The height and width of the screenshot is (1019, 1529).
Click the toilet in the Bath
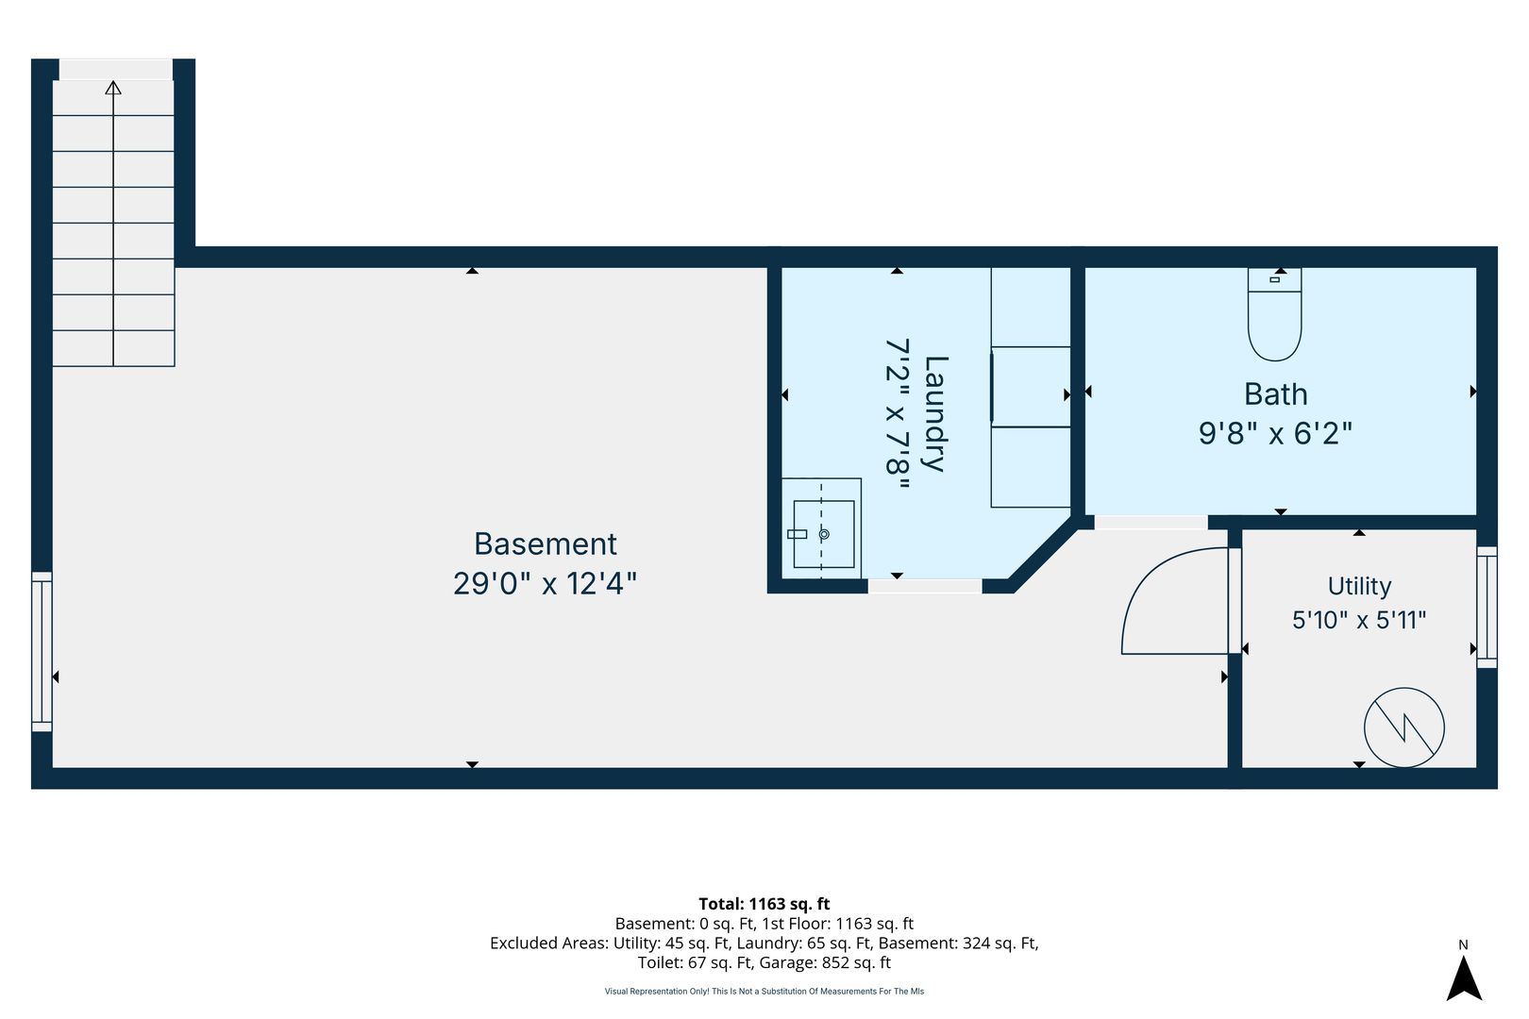[x=1274, y=314]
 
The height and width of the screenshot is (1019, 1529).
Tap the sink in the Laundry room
[x=823, y=534]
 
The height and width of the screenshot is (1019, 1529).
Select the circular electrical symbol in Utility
[x=1404, y=727]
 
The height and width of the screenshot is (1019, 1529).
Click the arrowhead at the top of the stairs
[x=113, y=88]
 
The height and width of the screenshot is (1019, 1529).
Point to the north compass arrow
[x=1464, y=978]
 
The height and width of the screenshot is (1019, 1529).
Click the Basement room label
[x=546, y=544]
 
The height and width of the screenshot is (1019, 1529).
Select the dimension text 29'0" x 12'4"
[x=545, y=583]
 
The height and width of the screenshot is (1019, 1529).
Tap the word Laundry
[x=935, y=413]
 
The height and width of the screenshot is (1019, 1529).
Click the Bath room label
[x=1275, y=393]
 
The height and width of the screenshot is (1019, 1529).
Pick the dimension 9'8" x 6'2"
[x=1275, y=433]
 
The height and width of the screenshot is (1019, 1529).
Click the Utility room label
[x=1359, y=586]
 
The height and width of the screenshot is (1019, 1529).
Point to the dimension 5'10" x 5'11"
[x=1359, y=620]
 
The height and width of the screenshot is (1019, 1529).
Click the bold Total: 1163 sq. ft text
[x=764, y=904]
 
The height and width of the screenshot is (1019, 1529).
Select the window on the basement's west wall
[x=42, y=652]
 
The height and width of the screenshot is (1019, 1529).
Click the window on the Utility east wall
[x=1487, y=608]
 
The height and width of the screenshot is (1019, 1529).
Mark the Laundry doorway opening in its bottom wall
[x=925, y=586]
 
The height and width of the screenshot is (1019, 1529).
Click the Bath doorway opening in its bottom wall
[x=1151, y=522]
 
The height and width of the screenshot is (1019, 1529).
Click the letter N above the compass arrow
[x=1464, y=944]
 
